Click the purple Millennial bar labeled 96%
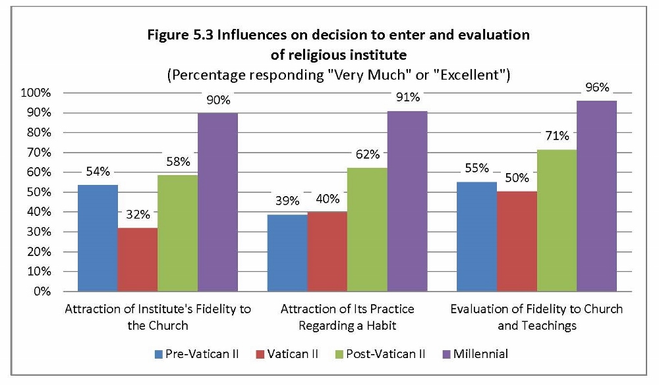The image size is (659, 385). (x=597, y=195)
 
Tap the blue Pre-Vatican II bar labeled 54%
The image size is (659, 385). (x=98, y=238)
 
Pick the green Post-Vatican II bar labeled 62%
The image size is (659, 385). (x=367, y=229)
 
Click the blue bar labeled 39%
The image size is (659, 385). (x=287, y=253)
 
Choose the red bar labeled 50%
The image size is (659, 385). (x=517, y=241)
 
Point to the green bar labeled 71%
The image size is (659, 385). (x=557, y=220)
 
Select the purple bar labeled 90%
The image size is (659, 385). (x=217, y=201)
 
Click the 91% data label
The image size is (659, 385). (x=407, y=98)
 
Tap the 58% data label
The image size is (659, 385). (x=178, y=161)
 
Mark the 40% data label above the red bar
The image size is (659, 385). (x=327, y=199)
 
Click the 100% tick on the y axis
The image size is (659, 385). (x=36, y=93)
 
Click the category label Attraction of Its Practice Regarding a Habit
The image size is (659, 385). (x=347, y=317)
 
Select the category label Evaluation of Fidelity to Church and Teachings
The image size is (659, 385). (x=536, y=317)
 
